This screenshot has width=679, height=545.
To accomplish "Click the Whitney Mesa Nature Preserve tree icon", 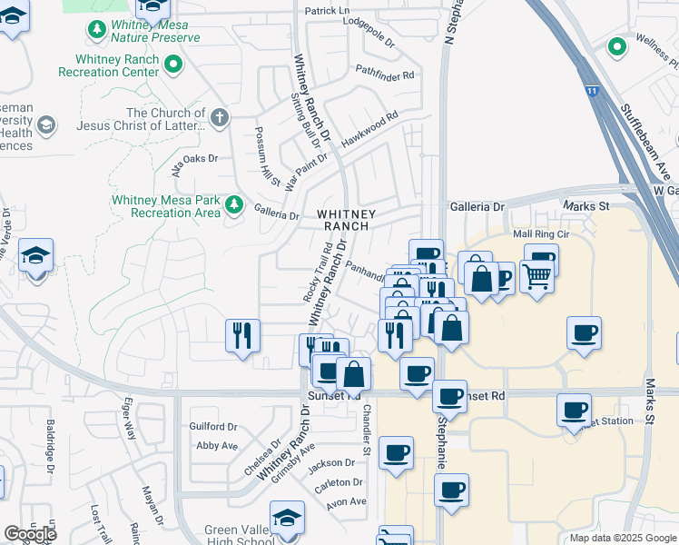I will pyautogui.click(x=96, y=31).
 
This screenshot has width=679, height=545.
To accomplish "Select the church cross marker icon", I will pyautogui.click(x=219, y=117).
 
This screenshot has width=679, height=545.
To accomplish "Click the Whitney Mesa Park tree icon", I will pyautogui.click(x=235, y=204).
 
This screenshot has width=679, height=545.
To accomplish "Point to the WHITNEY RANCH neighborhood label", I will pyautogui.click(x=343, y=219).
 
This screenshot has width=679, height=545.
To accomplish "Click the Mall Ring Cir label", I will pyautogui.click(x=539, y=234).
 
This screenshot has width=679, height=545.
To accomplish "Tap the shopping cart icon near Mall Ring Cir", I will pyautogui.click(x=536, y=275).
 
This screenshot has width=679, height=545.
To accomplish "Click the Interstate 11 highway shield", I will pyautogui.click(x=592, y=91).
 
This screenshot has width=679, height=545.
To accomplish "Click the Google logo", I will pyautogui.click(x=30, y=534).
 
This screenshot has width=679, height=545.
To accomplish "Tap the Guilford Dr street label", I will pyautogui.click(x=213, y=426).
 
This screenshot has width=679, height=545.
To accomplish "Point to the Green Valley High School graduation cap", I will pyautogui.click(x=288, y=518).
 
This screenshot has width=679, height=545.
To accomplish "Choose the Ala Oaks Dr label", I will pyautogui.click(x=196, y=157).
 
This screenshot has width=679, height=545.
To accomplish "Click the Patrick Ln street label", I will pyautogui.click(x=327, y=11).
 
